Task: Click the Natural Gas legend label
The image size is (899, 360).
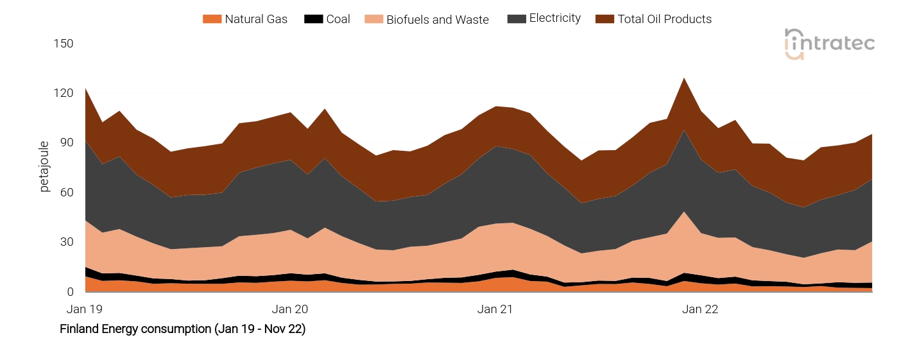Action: coord(255,19)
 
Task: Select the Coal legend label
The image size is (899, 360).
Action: coord(338,19)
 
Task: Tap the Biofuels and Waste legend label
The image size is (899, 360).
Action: coord(437,20)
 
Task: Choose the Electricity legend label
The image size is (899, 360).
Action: coord(554,19)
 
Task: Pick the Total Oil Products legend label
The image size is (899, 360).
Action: coord(664,19)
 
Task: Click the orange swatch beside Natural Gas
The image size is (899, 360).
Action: coord(211,19)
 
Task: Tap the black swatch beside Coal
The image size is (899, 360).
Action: coord(313,19)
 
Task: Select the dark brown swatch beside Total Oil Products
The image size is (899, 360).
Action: coord(604,19)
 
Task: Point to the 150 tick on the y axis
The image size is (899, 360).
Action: coord(64,44)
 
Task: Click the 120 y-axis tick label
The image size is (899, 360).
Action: coord(64,93)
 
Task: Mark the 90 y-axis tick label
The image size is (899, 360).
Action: coord(67,142)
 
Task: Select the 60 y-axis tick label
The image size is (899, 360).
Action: coord(67,193)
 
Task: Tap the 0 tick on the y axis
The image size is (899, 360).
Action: coord(70,292)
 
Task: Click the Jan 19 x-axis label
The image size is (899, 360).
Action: coord(85,309)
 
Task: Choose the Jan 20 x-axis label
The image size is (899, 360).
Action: coord(290,309)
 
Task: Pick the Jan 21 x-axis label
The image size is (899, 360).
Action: coord(495,309)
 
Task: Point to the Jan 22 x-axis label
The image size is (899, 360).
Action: coord(700,309)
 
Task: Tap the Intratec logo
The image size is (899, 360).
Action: coord(829,44)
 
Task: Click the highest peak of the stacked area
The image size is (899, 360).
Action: coord(685,78)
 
